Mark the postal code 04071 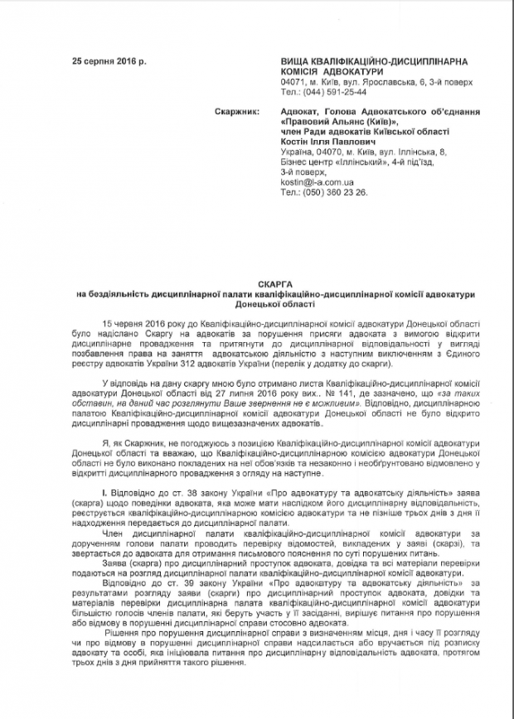tap(294, 83)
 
